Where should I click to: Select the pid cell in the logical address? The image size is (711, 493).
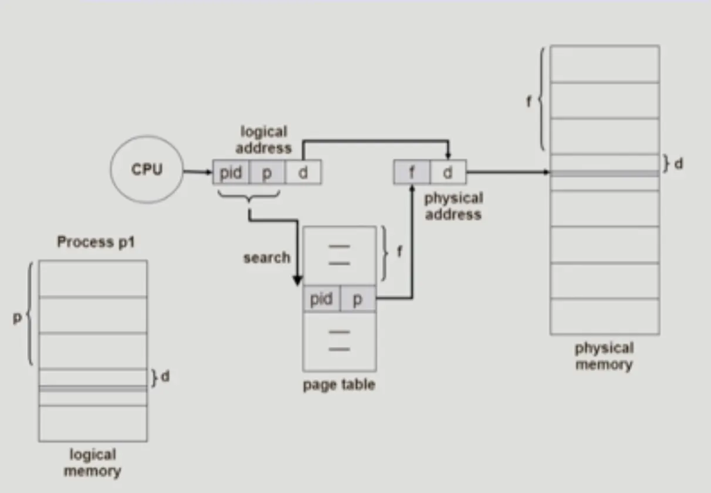(231, 173)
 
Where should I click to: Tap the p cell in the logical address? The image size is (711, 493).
(267, 173)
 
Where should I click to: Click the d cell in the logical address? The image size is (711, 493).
(303, 173)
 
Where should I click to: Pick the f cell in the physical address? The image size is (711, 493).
(411, 173)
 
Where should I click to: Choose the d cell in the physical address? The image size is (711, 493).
(448, 173)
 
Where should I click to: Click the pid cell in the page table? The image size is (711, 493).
(321, 299)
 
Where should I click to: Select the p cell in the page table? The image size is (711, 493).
(358, 299)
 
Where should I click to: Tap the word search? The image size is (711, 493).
(267, 258)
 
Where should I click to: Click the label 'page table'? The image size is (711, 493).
(339, 385)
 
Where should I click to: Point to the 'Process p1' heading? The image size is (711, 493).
(96, 241)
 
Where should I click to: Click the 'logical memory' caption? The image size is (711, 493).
(93, 462)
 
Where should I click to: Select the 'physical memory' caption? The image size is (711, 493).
(604, 356)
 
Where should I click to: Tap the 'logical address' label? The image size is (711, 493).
(264, 140)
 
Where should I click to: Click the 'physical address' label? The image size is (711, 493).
(453, 206)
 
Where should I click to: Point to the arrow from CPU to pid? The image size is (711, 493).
(198, 173)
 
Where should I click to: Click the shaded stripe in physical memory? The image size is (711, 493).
(604, 174)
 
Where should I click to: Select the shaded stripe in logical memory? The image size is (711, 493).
(93, 389)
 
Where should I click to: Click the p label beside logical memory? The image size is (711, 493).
(18, 318)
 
